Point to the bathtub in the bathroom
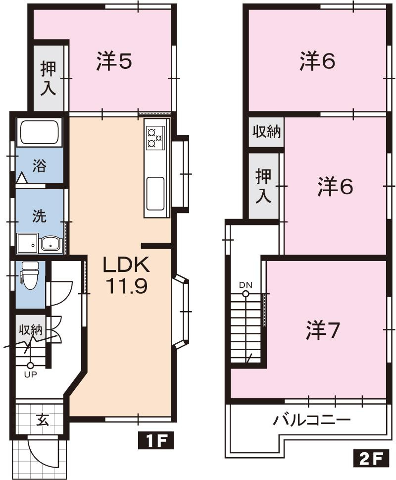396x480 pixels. tap(40, 132)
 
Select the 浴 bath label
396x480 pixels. tap(39, 165)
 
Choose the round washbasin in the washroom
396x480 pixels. tap(50, 244)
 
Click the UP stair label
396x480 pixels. tap(31, 374)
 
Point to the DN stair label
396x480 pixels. tap(246, 285)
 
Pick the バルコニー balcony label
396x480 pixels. tap(312, 421)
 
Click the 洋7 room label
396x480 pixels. tap(323, 330)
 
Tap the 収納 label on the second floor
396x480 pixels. tap(267, 132)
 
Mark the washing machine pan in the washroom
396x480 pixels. tap(28, 244)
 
